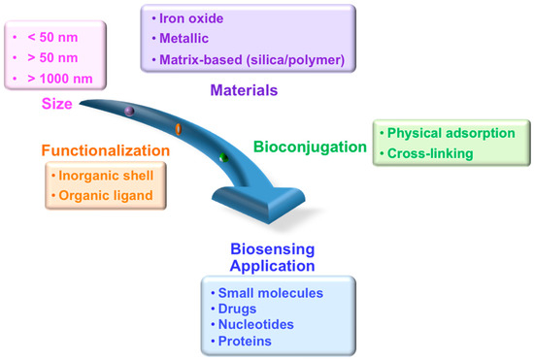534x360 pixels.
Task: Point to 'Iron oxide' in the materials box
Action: pyautogui.click(x=193, y=20)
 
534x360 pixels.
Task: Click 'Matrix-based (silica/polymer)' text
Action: pyautogui.click(x=252, y=60)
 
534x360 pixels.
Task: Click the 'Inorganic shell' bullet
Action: pyautogui.click(x=104, y=177)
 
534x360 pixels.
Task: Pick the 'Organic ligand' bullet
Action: pyautogui.click(x=105, y=195)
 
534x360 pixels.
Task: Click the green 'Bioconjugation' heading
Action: pyautogui.click(x=310, y=147)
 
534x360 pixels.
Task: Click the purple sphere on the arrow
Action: pyautogui.click(x=128, y=113)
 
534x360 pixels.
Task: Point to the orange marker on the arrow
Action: pyautogui.click(x=177, y=128)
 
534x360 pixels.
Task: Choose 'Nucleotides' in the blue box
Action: pyautogui.click(x=254, y=326)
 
